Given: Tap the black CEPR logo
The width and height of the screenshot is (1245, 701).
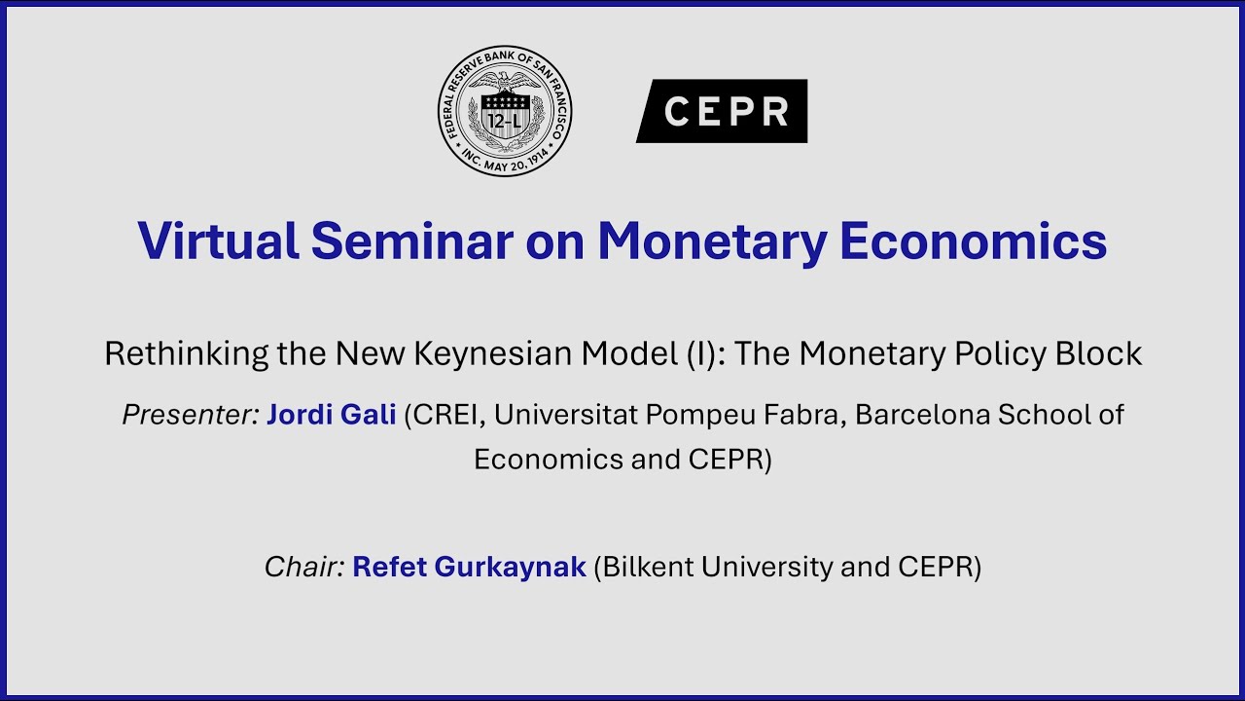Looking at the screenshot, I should click(x=722, y=111).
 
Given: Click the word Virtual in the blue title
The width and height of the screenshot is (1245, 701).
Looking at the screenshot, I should click(x=218, y=240).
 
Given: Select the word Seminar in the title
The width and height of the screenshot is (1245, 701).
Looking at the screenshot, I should click(x=408, y=240).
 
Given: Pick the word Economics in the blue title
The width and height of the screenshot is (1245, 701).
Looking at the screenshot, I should click(x=973, y=240).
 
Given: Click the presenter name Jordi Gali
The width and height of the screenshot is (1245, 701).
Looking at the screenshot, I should click(x=331, y=415).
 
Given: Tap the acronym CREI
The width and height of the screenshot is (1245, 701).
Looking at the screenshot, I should click(x=446, y=415).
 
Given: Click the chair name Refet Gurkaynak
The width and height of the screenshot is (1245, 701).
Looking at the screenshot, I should click(x=469, y=567).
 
